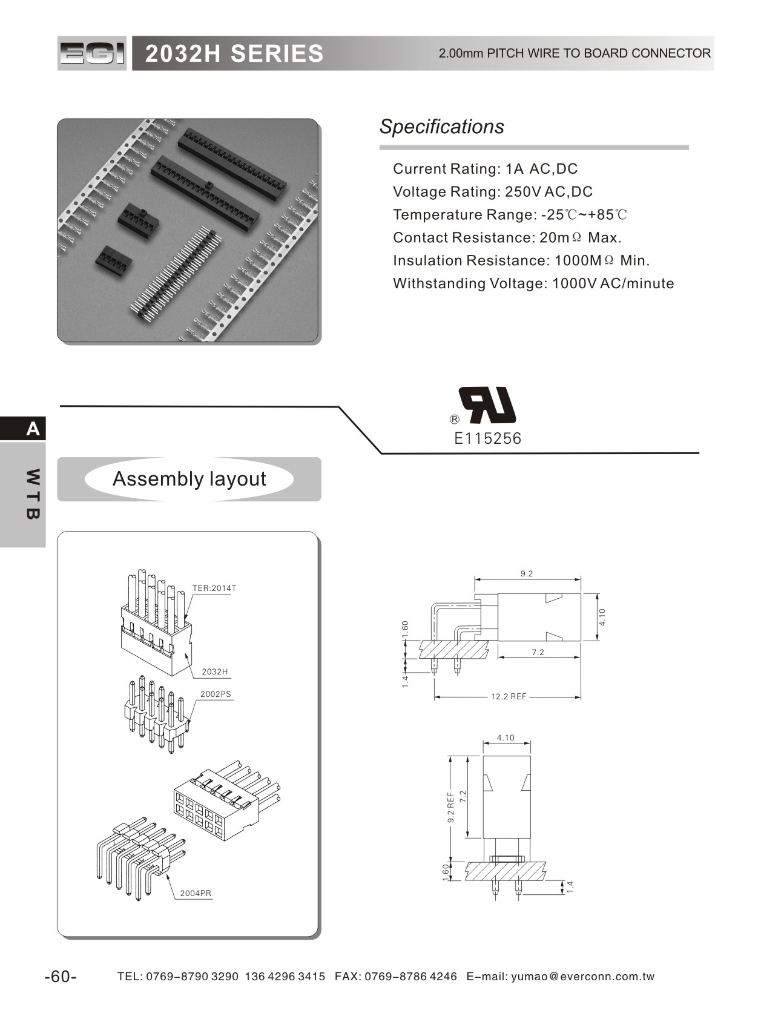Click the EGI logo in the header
coord(92,53)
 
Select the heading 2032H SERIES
coord(234,54)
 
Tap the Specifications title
coord(441,127)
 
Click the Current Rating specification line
coord(485,169)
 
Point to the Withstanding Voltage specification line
coord(533,283)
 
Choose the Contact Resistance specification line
coord(507,237)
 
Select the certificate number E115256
coord(487,438)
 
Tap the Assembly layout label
coord(189,479)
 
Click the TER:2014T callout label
coord(214,588)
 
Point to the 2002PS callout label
coord(216,694)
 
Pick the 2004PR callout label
coord(196,893)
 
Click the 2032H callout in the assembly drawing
coord(215,671)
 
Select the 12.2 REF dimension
coord(509,697)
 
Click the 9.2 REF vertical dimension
coord(450,808)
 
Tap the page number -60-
coord(61,977)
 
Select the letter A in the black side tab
coord(33,429)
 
